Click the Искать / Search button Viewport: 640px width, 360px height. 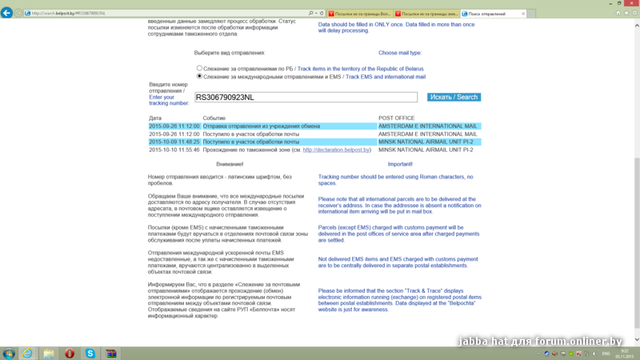454,97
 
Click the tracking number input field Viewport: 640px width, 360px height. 306,97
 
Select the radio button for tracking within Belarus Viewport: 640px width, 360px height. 200,69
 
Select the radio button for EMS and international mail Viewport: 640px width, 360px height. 200,77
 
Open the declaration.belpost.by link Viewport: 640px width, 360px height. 337,150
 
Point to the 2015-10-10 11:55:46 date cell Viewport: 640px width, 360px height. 174,150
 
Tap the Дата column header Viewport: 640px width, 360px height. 155,118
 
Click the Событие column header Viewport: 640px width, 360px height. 214,118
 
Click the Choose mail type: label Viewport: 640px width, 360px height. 400,53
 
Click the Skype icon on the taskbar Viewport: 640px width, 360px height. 90,353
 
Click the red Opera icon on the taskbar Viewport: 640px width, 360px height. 70,353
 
